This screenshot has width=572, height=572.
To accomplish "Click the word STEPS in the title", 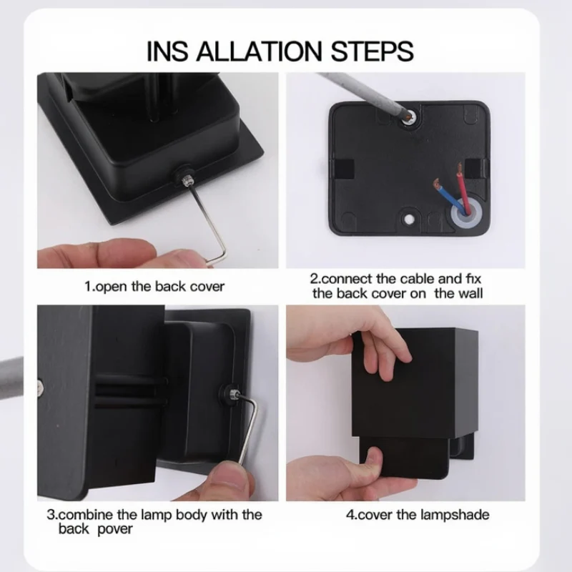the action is (x=372, y=51).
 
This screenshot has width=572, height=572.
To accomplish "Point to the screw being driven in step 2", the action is (x=410, y=117).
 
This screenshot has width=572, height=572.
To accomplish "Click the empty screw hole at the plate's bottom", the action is (x=409, y=219).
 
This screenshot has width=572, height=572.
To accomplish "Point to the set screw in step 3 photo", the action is (x=233, y=394).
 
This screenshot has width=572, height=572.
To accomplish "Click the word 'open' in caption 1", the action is (x=112, y=287).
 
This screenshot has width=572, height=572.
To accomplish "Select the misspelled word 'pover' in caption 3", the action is (x=114, y=529).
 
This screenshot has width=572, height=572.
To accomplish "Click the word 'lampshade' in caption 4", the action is (x=455, y=515).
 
